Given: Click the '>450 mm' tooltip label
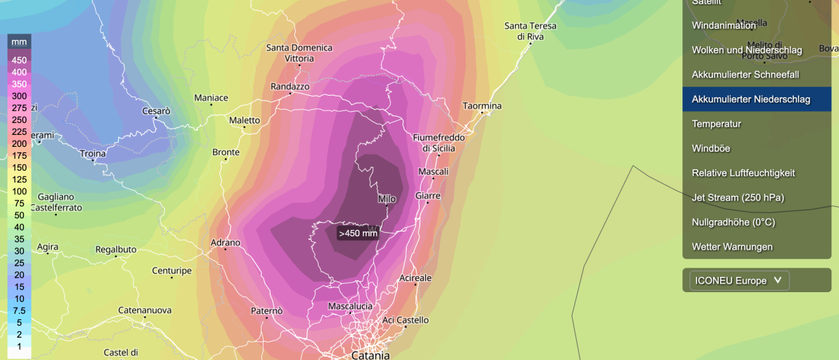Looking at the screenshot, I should click(358, 233).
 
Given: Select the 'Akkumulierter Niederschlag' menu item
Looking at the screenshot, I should click(750, 99).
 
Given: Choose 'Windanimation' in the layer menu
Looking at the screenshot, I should click(724, 26).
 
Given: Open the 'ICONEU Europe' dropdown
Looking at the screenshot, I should click(739, 281).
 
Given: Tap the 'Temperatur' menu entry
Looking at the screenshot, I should click(716, 124).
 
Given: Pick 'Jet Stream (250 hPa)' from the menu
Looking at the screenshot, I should click(738, 198).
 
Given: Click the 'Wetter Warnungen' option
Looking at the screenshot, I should click(732, 247).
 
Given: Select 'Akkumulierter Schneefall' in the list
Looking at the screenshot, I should click(745, 74).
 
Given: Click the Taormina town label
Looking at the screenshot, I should click(482, 106).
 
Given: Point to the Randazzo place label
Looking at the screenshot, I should click(289, 87).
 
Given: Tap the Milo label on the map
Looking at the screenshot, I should click(387, 199).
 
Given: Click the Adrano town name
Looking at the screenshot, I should click(225, 243).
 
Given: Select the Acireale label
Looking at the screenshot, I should click(415, 278).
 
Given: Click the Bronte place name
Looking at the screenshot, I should click(226, 152).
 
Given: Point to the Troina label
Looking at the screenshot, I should click(93, 154).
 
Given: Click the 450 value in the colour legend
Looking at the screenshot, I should click(20, 60).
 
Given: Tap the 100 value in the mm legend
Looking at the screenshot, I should click(20, 192).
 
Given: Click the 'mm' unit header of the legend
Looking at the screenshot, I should click(20, 42).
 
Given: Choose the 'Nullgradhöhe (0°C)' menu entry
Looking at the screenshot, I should click(733, 222).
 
